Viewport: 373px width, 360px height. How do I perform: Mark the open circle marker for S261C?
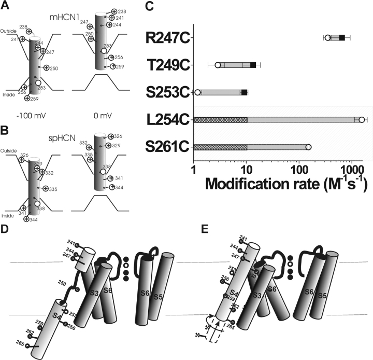(x=308, y=147)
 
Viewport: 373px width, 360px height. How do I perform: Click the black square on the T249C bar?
(x=253, y=65)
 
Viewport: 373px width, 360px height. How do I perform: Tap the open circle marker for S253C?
(x=197, y=92)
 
